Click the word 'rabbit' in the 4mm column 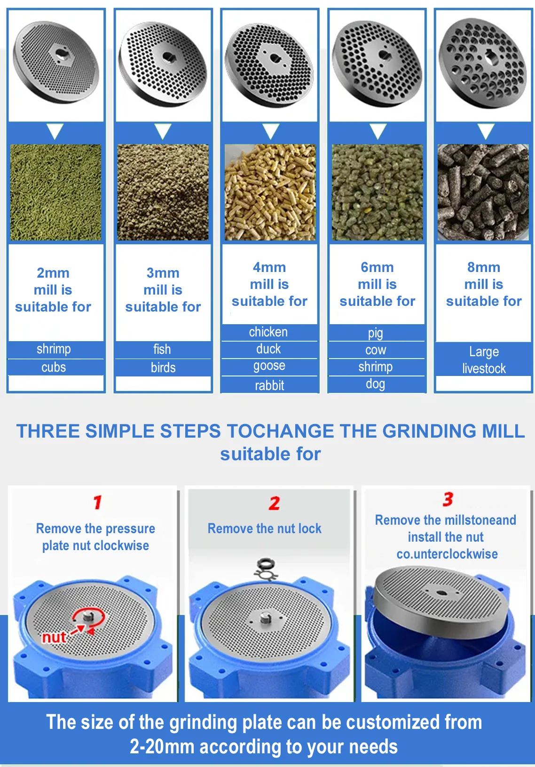click(269, 385)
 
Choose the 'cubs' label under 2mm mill click(54, 367)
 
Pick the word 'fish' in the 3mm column click(162, 349)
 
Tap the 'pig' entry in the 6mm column click(375, 333)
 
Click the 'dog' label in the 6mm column click(375, 384)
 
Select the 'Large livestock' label click(484, 360)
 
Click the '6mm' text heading click(377, 267)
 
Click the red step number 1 click(97, 502)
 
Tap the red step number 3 click(448, 499)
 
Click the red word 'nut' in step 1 click(54, 637)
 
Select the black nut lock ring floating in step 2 click(266, 563)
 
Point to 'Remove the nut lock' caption click(265, 528)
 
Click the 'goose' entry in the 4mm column click(269, 366)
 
